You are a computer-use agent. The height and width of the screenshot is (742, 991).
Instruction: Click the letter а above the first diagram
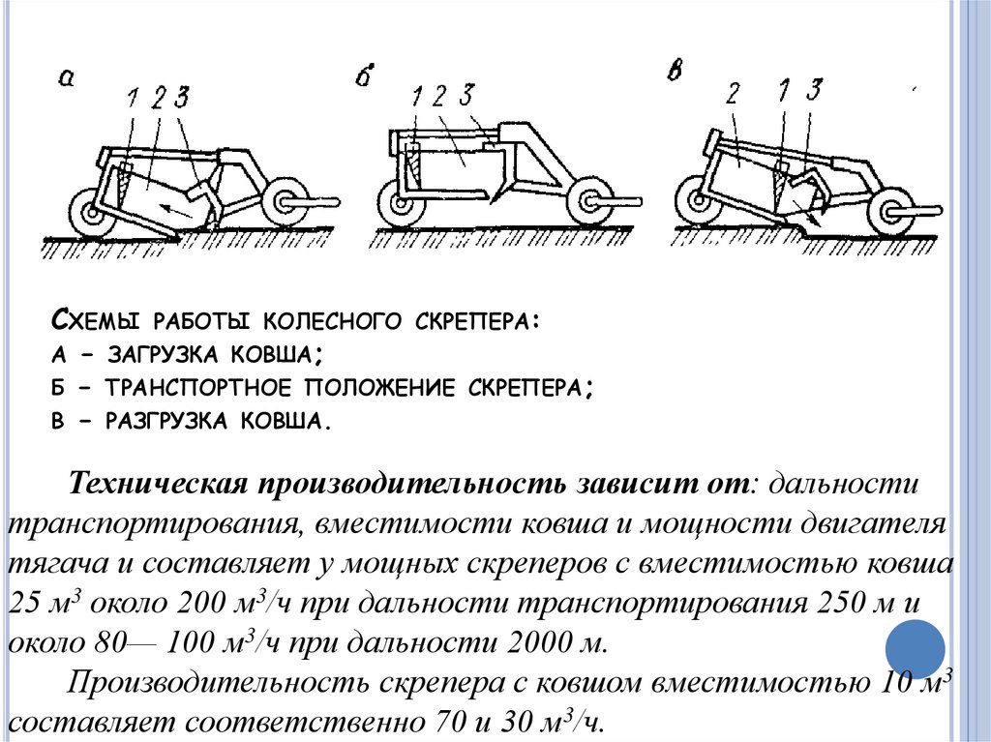(x=67, y=78)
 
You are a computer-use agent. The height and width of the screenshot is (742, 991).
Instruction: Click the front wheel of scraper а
(x=285, y=202)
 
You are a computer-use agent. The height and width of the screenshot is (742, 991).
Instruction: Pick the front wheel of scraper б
(x=589, y=204)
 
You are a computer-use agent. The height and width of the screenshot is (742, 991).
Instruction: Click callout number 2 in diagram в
(x=733, y=94)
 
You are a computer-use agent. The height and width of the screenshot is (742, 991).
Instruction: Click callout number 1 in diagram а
(x=132, y=97)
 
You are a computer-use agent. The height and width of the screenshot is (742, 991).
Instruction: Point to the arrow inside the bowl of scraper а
(x=174, y=205)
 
